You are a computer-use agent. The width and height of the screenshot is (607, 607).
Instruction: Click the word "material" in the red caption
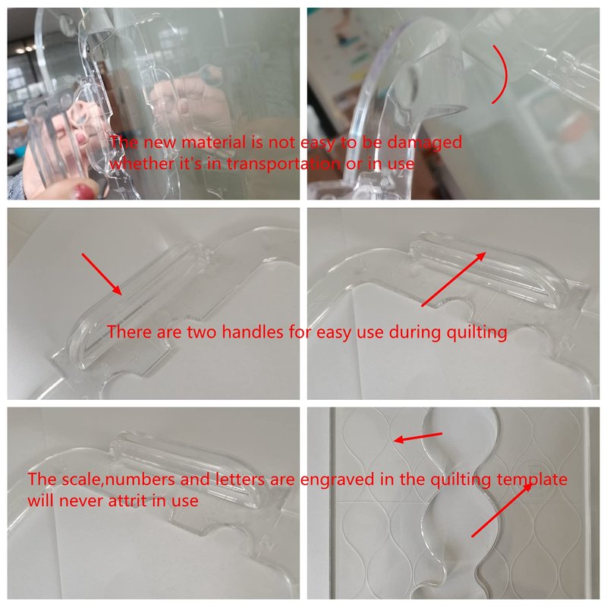point(214,143)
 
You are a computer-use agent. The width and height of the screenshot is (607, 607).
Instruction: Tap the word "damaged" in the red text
point(425,143)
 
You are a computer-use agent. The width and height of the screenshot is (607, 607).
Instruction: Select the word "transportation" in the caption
point(284,164)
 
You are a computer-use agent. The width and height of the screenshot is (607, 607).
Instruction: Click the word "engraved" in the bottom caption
point(337,480)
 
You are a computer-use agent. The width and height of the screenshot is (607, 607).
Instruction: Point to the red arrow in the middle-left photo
point(102,275)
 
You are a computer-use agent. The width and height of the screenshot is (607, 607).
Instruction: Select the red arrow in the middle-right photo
point(453,279)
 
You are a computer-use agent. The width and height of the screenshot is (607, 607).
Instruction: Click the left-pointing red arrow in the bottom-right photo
point(417,438)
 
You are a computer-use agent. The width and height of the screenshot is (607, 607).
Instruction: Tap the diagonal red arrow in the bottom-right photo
point(502,510)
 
